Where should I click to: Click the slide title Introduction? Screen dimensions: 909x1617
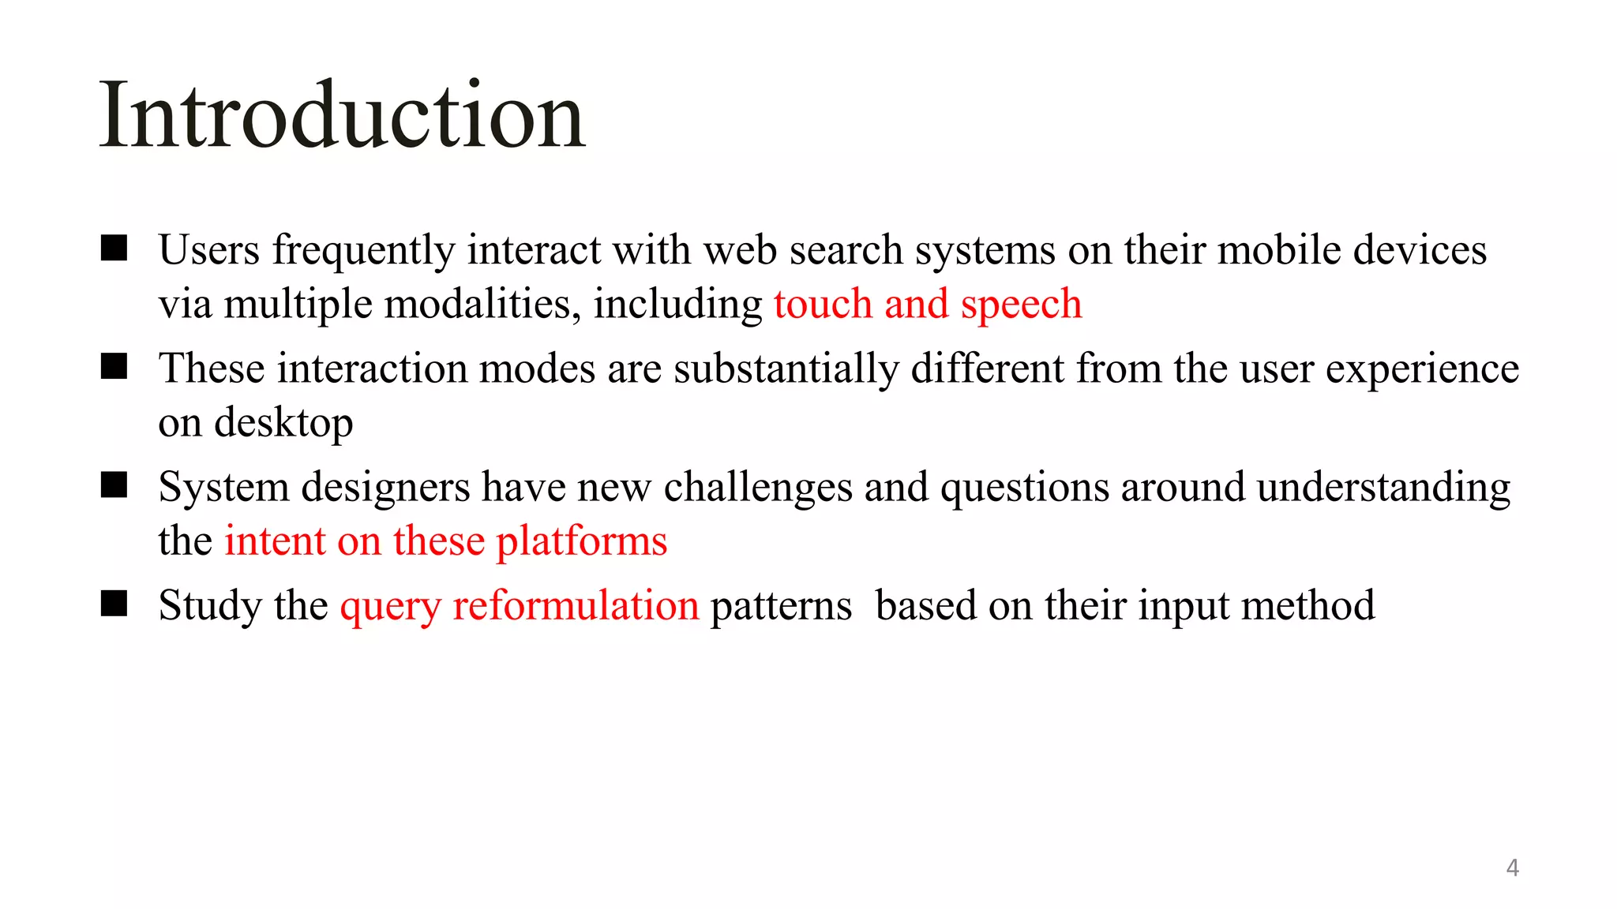pyautogui.click(x=342, y=116)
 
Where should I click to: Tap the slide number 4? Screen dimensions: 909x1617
pyautogui.click(x=1512, y=867)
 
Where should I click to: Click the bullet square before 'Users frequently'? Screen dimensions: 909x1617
pyautogui.click(x=114, y=249)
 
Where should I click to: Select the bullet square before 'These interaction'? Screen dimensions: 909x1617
pyautogui.click(x=114, y=367)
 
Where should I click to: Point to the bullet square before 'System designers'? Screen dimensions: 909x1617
pyautogui.click(x=114, y=485)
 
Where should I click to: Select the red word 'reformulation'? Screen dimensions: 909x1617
pyautogui.click(x=576, y=605)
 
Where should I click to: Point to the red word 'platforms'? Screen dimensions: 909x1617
pyautogui.click(x=581, y=542)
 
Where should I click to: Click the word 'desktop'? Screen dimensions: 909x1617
pyautogui.click(x=283, y=424)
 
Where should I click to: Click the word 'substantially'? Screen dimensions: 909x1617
pyautogui.click(x=786, y=368)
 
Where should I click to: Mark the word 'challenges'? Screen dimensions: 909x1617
pyautogui.click(x=757, y=488)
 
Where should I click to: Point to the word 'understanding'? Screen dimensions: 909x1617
pyautogui.click(x=1383, y=488)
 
